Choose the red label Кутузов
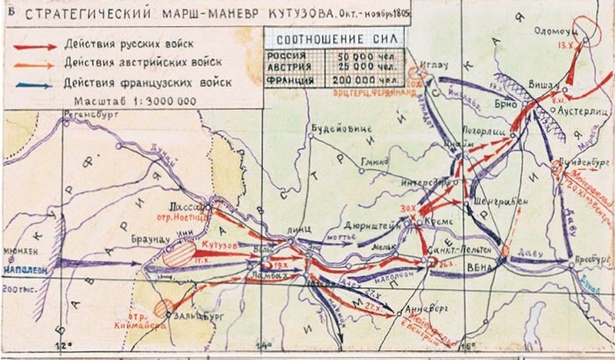(x=218, y=244)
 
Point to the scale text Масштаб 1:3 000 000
(x=127, y=101)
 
